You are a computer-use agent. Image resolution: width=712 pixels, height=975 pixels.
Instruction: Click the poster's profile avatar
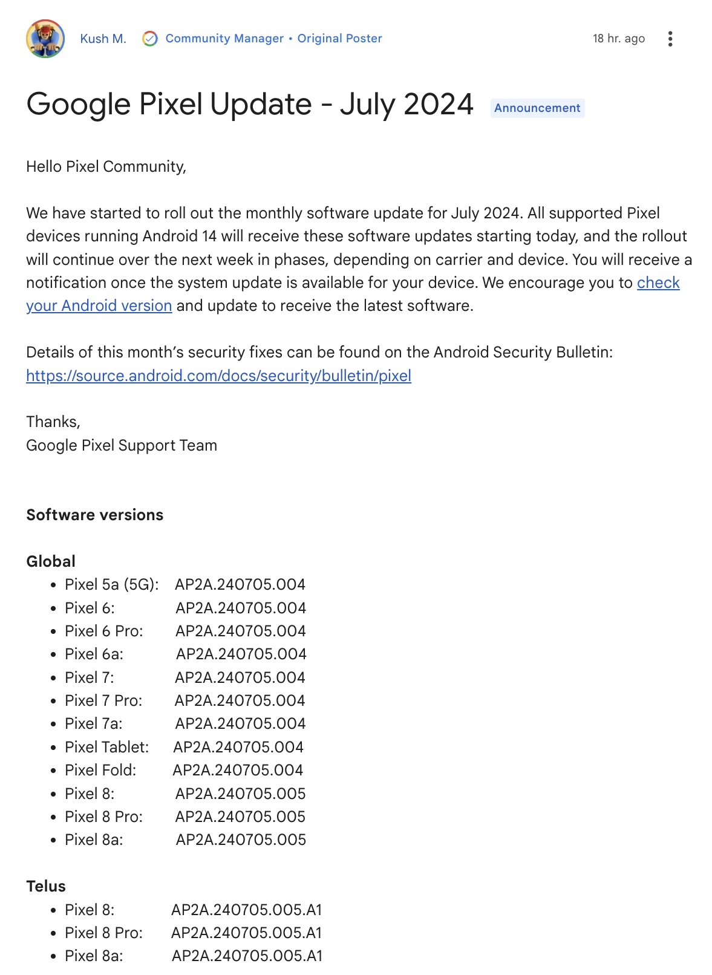point(45,39)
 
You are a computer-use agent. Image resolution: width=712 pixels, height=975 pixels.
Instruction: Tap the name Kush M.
point(103,39)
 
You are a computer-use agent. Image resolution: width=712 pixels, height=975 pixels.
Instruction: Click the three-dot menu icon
point(670,39)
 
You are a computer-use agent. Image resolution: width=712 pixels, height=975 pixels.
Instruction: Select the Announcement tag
point(537,108)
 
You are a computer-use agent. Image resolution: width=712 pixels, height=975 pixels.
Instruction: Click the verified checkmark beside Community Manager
point(149,39)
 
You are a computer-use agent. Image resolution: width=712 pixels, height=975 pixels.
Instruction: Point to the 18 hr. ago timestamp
point(618,39)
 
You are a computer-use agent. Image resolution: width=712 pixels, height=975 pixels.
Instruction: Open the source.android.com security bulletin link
point(218,376)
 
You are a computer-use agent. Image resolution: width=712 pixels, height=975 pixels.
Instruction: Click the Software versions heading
point(94,515)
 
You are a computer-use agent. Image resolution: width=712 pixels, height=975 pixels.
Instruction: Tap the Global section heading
point(51,561)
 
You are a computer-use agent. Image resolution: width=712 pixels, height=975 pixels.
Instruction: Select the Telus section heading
point(46,886)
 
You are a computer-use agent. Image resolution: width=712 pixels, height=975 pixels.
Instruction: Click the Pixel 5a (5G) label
point(111,584)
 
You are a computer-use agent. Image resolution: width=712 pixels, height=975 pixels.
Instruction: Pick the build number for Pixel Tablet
point(238,747)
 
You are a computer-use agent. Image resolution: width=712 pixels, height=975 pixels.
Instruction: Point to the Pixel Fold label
point(100,770)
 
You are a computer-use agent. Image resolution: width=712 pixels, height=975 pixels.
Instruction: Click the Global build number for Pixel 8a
point(241,840)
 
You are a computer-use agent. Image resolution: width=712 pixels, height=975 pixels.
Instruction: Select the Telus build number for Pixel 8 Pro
point(246,933)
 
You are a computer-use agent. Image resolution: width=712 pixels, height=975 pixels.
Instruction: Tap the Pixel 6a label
point(94,654)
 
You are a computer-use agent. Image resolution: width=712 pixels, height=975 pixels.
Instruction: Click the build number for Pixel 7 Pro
point(240,700)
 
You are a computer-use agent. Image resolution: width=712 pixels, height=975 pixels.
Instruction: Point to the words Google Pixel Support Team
point(121,445)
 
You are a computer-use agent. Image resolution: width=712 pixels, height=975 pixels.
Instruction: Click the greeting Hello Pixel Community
point(106,166)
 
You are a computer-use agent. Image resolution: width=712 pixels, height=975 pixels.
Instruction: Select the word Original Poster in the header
point(339,39)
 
